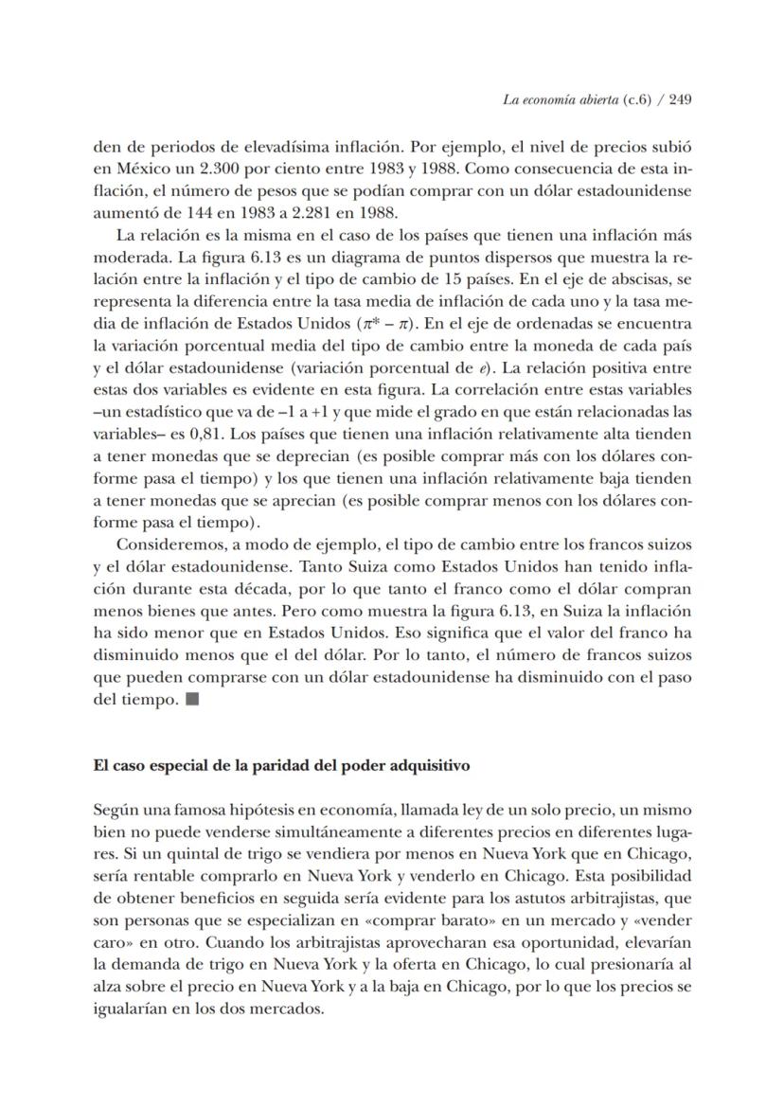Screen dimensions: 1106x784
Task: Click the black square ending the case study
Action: pos(192,700)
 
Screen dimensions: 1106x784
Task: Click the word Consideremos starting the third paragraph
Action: pos(167,544)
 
